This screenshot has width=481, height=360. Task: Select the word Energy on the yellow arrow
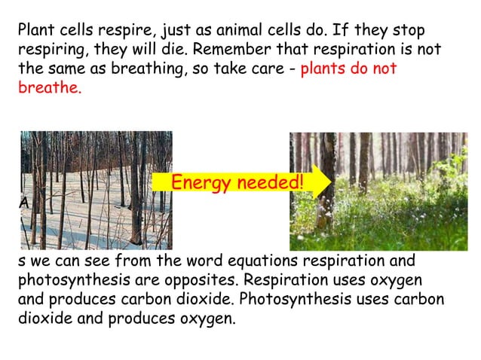(200, 183)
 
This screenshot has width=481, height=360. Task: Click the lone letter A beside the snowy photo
(24, 203)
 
